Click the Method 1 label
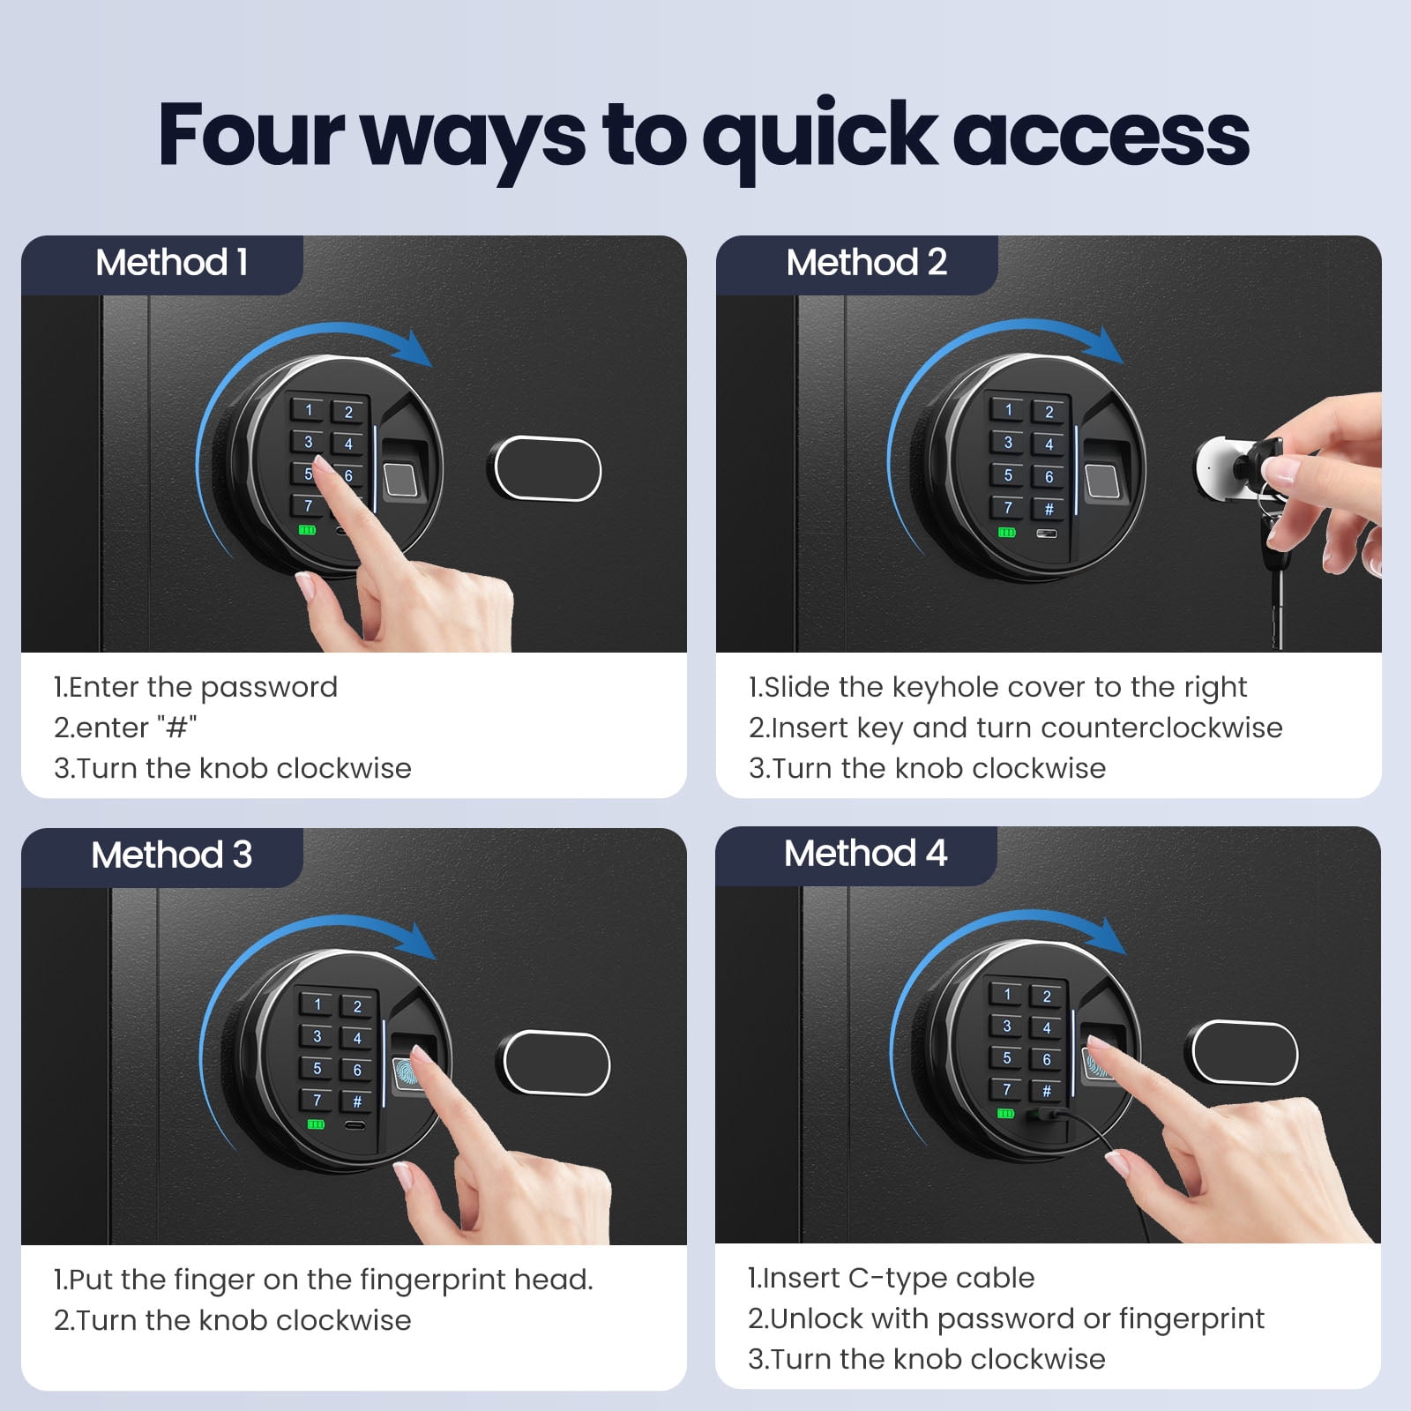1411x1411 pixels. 171,262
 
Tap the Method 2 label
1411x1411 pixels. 866,262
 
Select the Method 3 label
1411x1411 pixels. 171,855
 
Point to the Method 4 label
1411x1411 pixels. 865,853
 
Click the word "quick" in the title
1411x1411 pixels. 820,137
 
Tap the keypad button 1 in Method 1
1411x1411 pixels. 309,409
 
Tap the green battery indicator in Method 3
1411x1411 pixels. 316,1124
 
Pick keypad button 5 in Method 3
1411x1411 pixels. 317,1068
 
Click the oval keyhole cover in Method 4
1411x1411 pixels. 1244,1052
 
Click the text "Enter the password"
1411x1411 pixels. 203,687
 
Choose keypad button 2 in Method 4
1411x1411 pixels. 1047,997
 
